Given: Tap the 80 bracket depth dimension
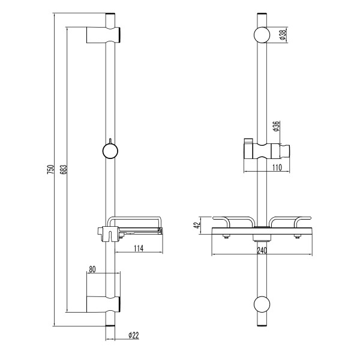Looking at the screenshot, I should pyautogui.click(x=92, y=269).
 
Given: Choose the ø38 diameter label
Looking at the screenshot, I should pyautogui.click(x=282, y=35).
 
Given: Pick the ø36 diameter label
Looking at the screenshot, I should pyautogui.click(x=277, y=128).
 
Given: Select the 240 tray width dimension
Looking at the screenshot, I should pyautogui.click(x=262, y=251).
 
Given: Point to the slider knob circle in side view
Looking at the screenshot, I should pyautogui.click(x=109, y=150).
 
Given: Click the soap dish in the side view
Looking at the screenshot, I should pyautogui.click(x=137, y=228).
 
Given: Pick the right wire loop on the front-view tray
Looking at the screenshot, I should pyautogui.click(x=290, y=222).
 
